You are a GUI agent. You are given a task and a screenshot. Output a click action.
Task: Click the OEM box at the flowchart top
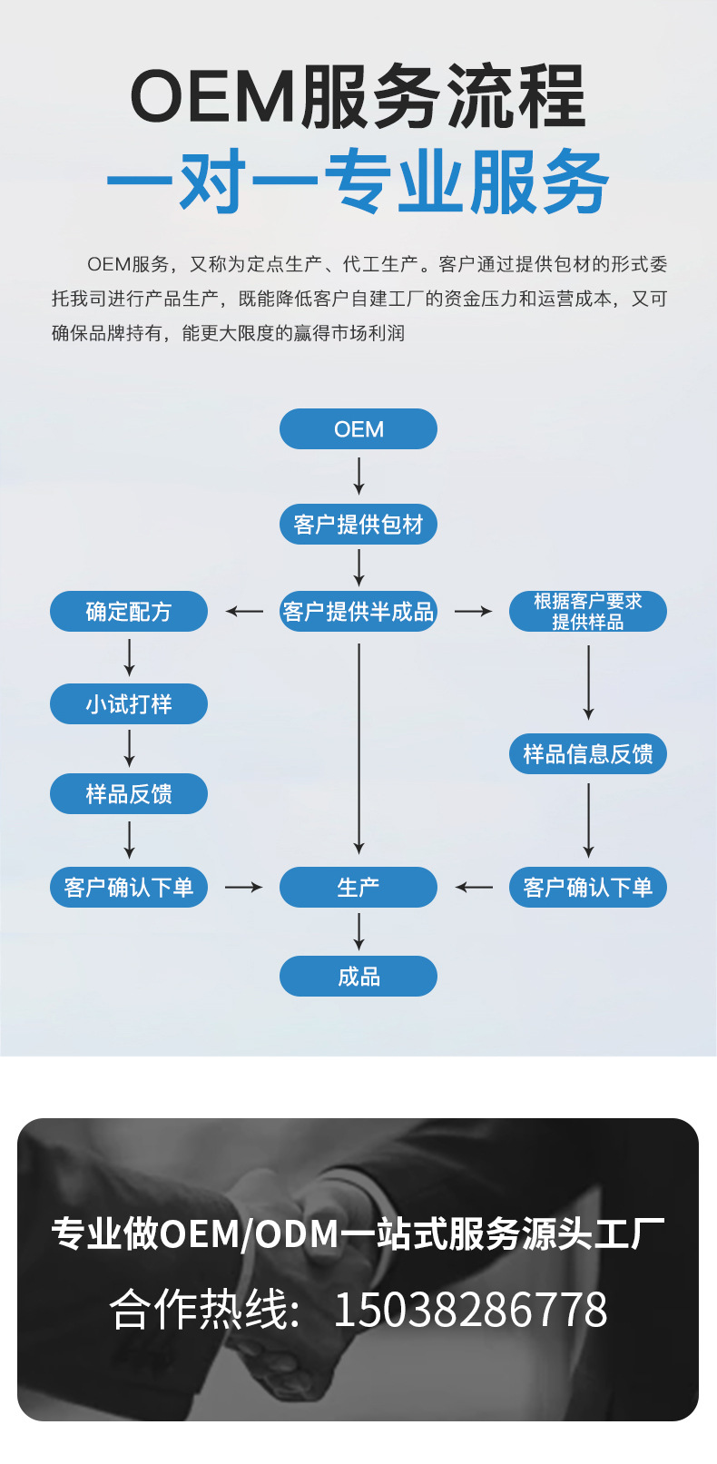click(x=358, y=429)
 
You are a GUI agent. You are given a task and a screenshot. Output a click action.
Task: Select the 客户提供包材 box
click(x=358, y=525)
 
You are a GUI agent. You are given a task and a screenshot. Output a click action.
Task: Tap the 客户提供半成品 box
click(x=358, y=612)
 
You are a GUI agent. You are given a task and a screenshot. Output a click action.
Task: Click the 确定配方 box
click(x=128, y=612)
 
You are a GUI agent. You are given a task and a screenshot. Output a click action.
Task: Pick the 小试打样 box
click(x=128, y=704)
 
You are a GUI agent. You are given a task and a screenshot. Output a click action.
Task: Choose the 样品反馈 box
click(x=128, y=794)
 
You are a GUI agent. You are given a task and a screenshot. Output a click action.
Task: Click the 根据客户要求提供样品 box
click(x=587, y=612)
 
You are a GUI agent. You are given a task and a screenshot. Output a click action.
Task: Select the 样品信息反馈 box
click(x=587, y=754)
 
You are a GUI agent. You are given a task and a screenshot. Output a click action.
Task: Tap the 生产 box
click(x=358, y=888)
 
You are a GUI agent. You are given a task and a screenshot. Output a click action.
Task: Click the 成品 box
click(x=358, y=977)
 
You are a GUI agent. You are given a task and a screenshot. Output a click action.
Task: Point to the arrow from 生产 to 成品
click(x=358, y=931)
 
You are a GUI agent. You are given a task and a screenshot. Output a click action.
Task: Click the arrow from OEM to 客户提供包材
click(x=358, y=476)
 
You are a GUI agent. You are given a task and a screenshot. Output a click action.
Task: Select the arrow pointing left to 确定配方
click(x=244, y=612)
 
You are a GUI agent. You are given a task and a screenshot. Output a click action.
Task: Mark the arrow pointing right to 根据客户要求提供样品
click(x=473, y=612)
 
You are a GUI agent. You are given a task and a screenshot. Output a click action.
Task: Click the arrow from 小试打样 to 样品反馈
click(x=129, y=749)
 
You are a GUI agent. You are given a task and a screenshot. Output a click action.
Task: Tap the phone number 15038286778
click(x=470, y=1310)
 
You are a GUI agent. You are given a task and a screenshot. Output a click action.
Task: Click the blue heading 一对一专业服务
click(x=358, y=182)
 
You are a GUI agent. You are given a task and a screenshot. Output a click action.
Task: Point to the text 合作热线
click(x=204, y=1310)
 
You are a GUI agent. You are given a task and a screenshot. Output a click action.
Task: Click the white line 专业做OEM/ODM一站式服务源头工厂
click(x=358, y=1234)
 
